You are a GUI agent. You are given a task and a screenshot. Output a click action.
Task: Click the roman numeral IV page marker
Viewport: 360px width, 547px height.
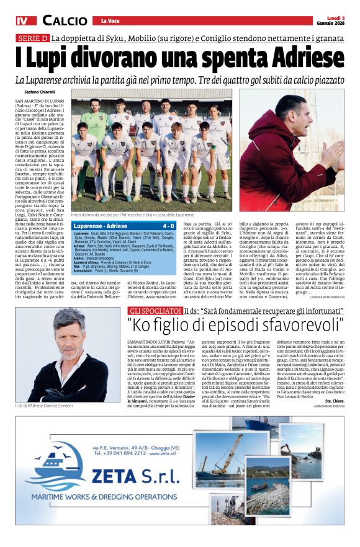[22, 21]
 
